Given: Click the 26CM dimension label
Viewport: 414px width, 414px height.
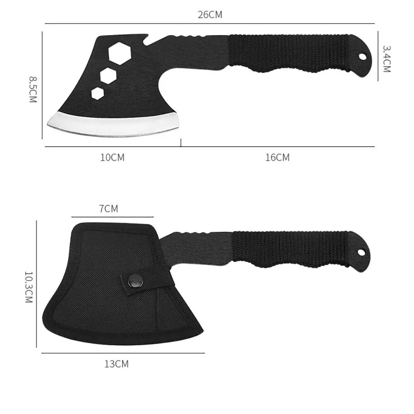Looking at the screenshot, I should (x=210, y=15).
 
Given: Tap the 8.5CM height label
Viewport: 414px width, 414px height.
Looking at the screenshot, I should (x=33, y=89).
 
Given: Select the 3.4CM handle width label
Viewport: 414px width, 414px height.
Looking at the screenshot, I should (x=386, y=59).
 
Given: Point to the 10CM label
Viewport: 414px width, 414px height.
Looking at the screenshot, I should (x=112, y=157).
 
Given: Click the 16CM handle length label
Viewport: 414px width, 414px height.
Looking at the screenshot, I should (x=277, y=157).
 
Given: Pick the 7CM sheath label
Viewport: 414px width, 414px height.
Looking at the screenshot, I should (x=108, y=209).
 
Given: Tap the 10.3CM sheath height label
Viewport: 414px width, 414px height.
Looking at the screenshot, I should (x=29, y=287).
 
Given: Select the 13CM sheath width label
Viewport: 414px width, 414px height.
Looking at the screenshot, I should (x=116, y=364).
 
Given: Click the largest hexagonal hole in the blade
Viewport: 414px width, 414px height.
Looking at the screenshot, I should (x=118, y=54).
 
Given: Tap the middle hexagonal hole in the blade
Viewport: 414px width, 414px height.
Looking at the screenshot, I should (x=108, y=75).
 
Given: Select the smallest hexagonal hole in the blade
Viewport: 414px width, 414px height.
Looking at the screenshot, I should (x=98, y=93).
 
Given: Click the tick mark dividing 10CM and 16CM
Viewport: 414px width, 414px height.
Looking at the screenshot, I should (x=181, y=144).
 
